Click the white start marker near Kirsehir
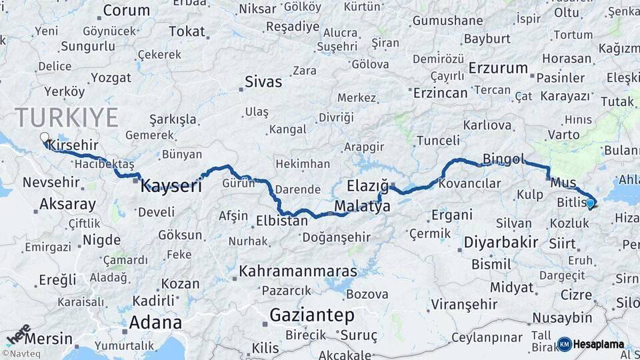pyautogui.click(x=44, y=138)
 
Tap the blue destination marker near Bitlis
pyautogui.click(x=590, y=203)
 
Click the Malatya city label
pyautogui.click(x=363, y=206)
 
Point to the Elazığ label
pyautogui.click(x=367, y=185)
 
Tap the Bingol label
pyautogui.click(x=503, y=159)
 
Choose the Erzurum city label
pyautogui.click(x=498, y=68)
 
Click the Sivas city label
pyautogui.click(x=263, y=82)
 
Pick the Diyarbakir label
pyautogui.click(x=496, y=242)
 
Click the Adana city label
pyautogui.click(x=155, y=323)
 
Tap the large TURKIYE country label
pyautogui.click(x=67, y=117)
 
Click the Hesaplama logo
pyautogui.click(x=591, y=344)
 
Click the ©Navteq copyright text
pyautogui.click(x=21, y=354)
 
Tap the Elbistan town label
pyautogui.click(x=281, y=219)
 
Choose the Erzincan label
pyautogui.click(x=440, y=93)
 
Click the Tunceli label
pyautogui.click(x=437, y=140)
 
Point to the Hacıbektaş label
pyautogui.click(x=105, y=163)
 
